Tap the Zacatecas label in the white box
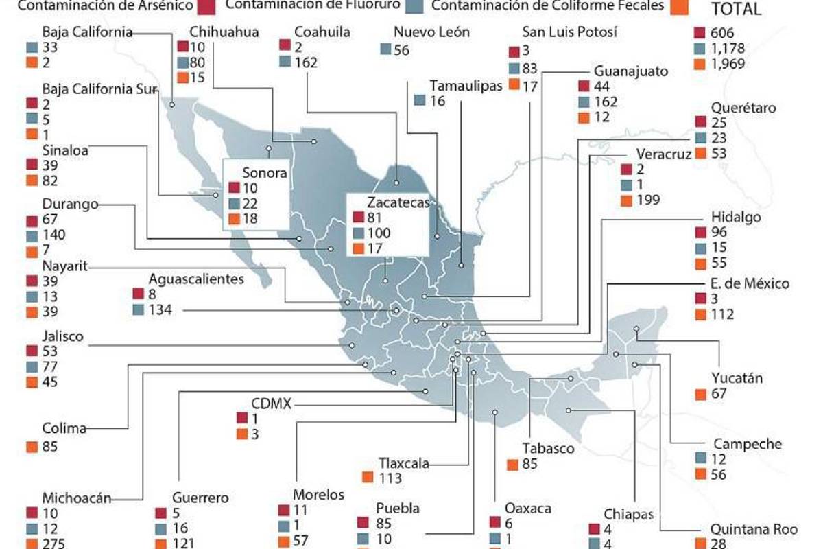pos(398,202)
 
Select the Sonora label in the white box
pos(264,173)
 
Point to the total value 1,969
pos(729,64)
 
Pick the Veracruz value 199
pos(648,200)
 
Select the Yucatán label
pos(737,378)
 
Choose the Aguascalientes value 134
pos(161,310)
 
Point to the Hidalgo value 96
pos(719,233)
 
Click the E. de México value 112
pos(723,315)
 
